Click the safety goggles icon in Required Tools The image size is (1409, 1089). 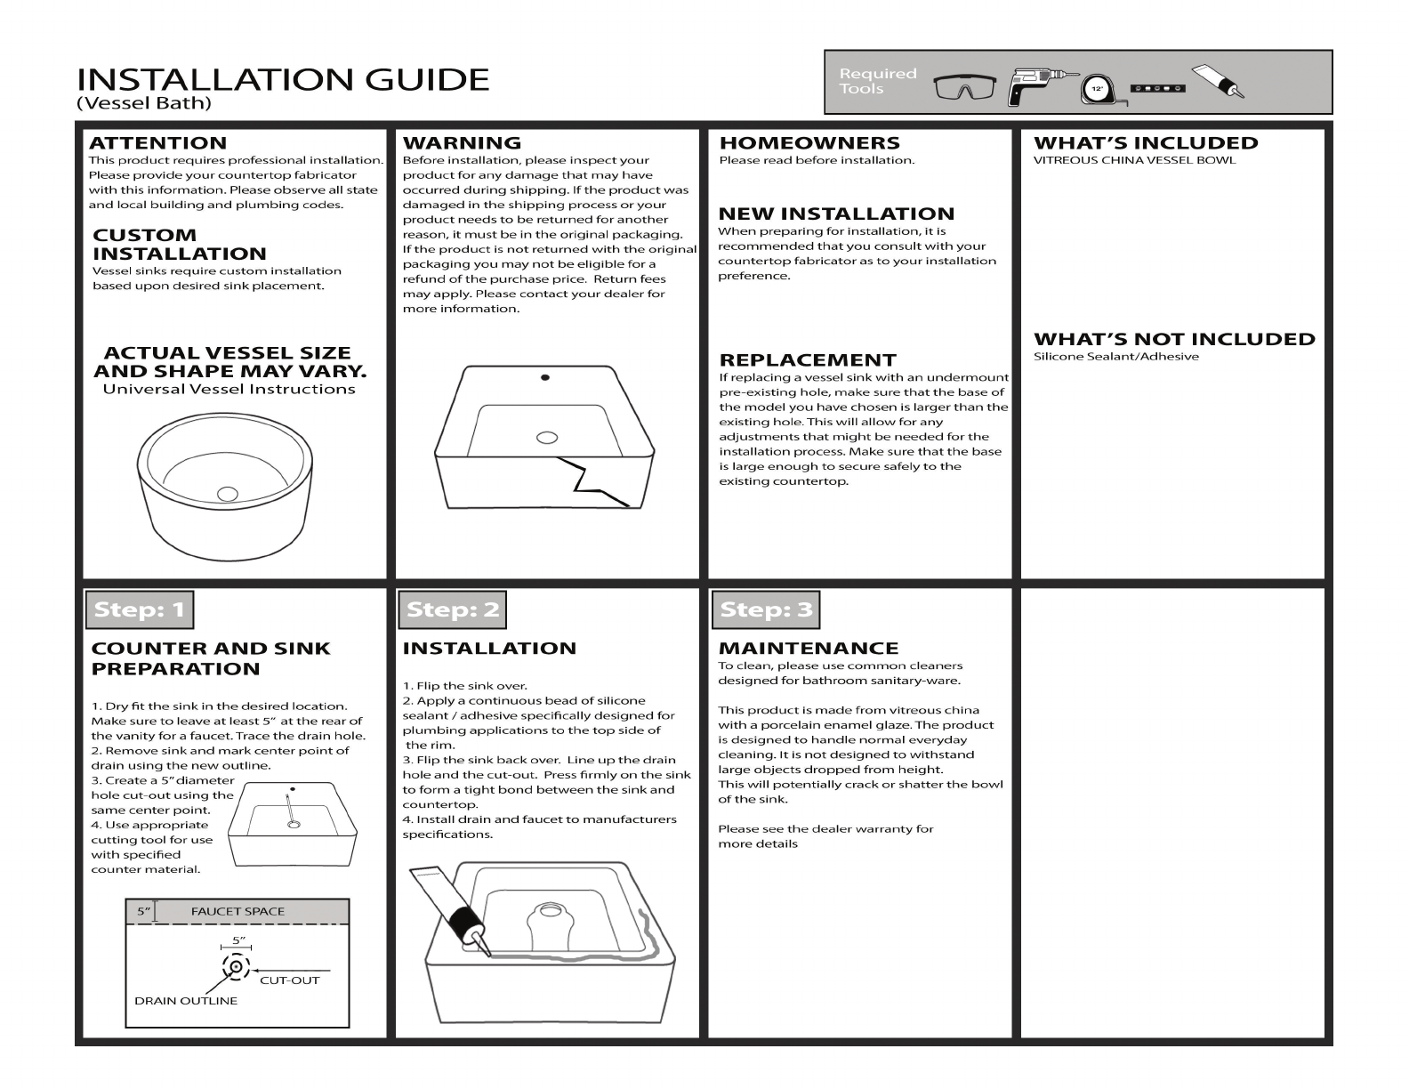click(x=965, y=87)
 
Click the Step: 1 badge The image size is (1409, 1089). click(x=140, y=609)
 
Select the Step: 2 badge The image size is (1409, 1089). click(x=453, y=609)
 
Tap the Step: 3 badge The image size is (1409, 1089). click(x=766, y=609)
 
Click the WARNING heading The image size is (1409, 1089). click(x=462, y=143)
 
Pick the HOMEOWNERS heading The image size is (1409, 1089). click(x=809, y=143)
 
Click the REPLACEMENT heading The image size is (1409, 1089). click(x=808, y=360)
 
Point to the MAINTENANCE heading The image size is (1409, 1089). click(x=809, y=649)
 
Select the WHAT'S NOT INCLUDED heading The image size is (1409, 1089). click(x=1174, y=339)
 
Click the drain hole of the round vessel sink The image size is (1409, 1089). click(x=229, y=493)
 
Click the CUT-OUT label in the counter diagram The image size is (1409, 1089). click(x=289, y=980)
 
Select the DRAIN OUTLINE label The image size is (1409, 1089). click(x=186, y=1001)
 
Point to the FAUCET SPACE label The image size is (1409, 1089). click(x=238, y=911)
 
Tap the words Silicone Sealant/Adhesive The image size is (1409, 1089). click(x=1115, y=357)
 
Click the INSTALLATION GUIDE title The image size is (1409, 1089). click(x=283, y=80)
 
